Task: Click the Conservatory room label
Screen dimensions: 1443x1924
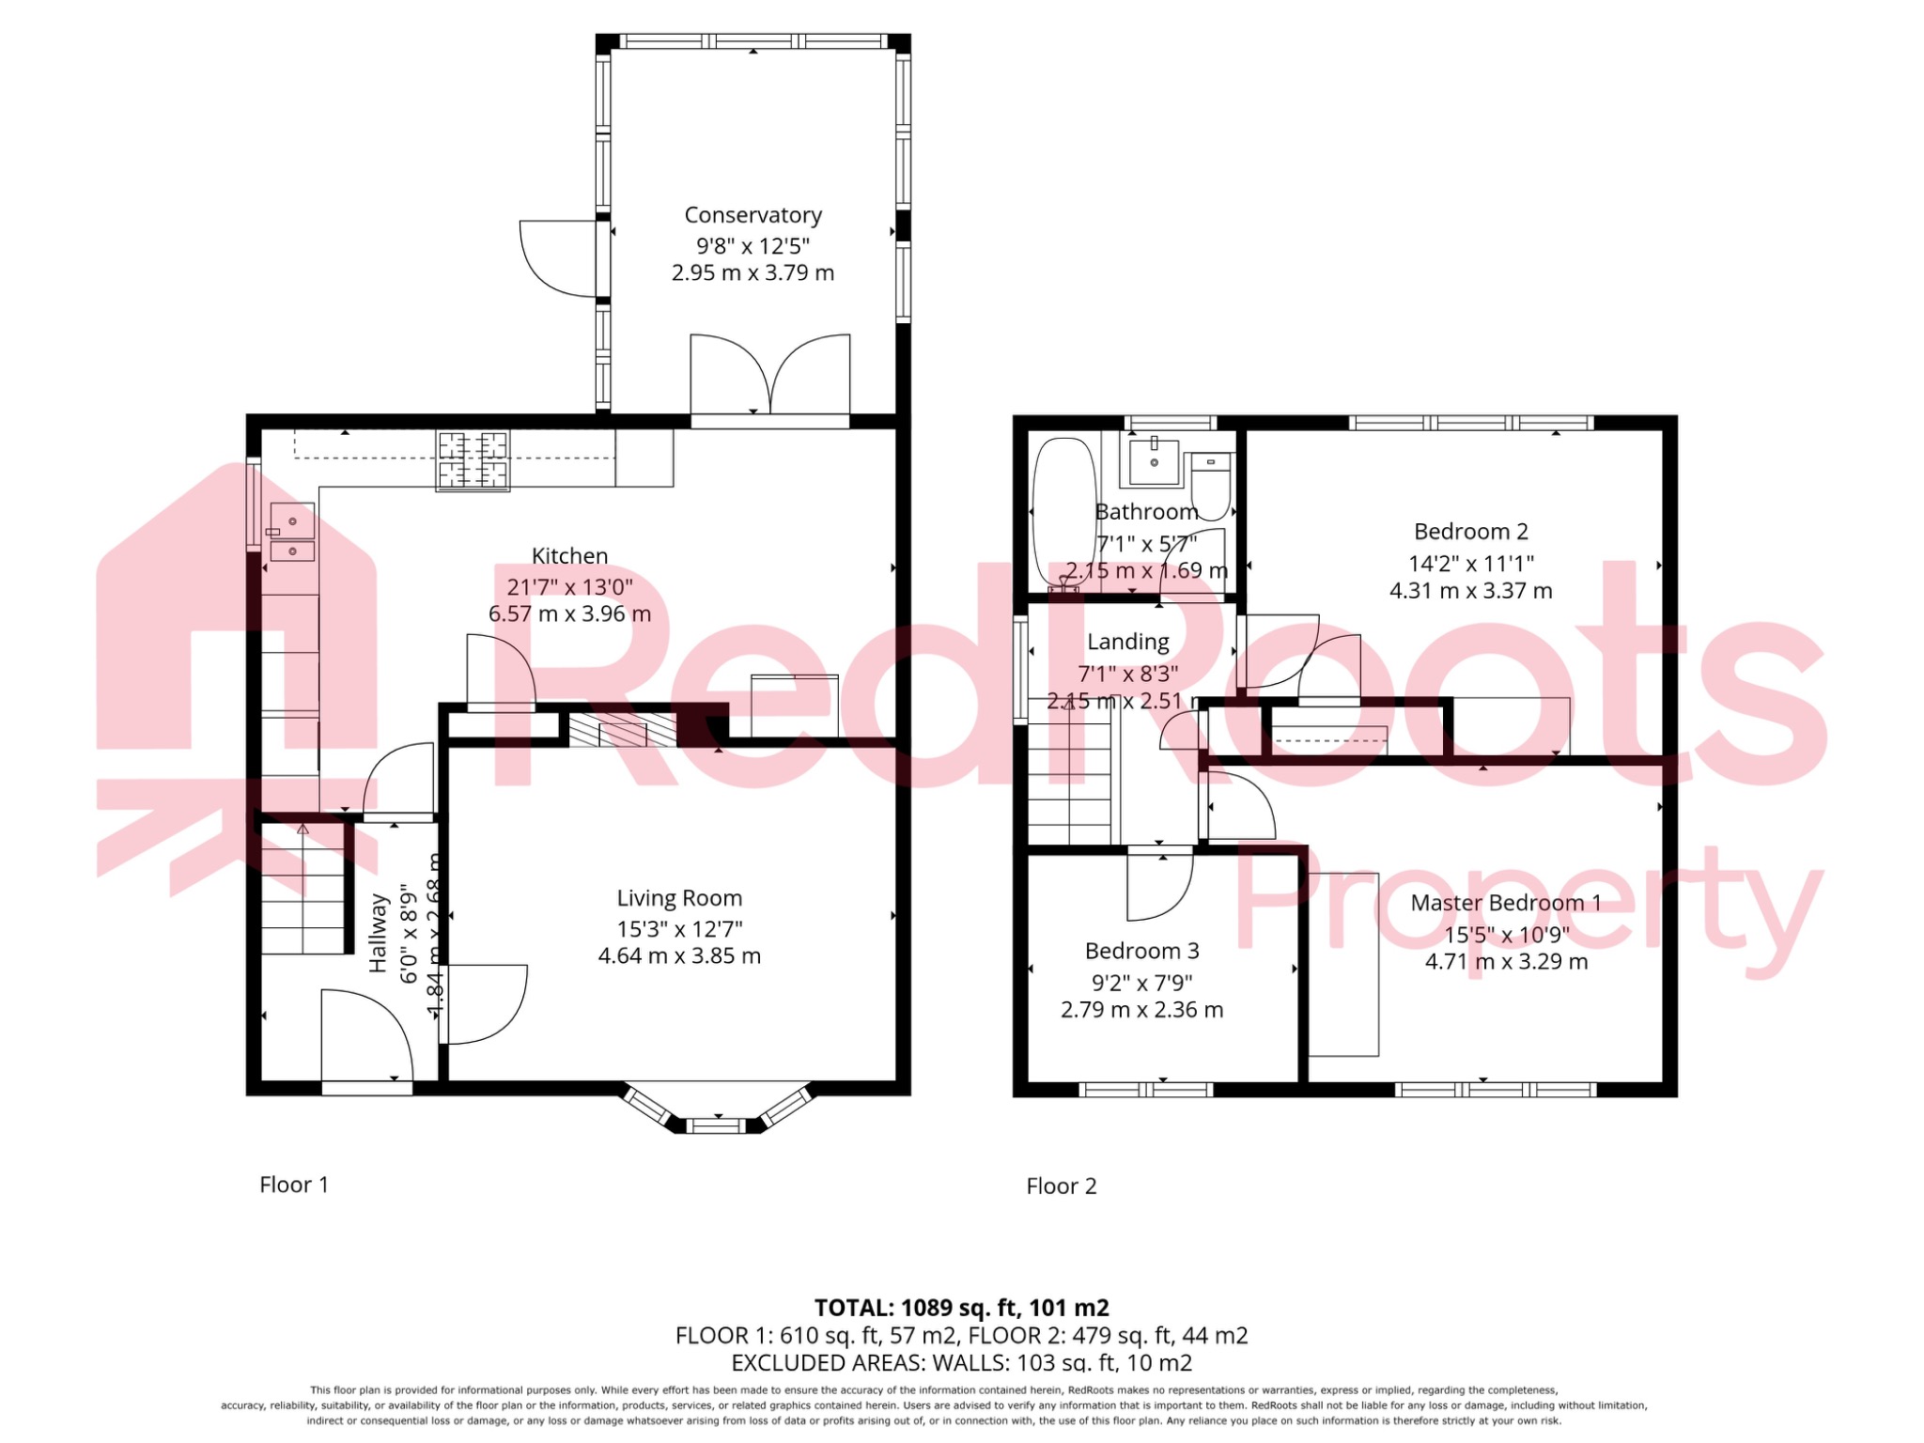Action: tap(753, 215)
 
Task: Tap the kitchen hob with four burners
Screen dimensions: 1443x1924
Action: tap(473, 460)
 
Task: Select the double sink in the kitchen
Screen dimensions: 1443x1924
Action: tap(292, 533)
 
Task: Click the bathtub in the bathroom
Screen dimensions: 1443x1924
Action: tap(1063, 512)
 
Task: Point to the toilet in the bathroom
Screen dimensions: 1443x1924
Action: tap(1210, 484)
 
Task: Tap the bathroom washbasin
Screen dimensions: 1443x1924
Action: tap(1154, 460)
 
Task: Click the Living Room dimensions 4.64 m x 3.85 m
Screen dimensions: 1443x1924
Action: tap(679, 956)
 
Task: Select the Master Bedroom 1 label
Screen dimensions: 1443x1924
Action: tap(1505, 903)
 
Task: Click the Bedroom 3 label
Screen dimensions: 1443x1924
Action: tap(1141, 951)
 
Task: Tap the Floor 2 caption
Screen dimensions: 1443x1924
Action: tap(1061, 1187)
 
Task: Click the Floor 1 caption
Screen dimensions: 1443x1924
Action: tap(294, 1185)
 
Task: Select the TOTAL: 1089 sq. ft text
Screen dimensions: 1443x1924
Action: tap(960, 1308)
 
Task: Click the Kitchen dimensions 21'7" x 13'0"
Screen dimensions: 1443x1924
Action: tap(569, 587)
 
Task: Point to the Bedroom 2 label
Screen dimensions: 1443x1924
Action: tap(1470, 532)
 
